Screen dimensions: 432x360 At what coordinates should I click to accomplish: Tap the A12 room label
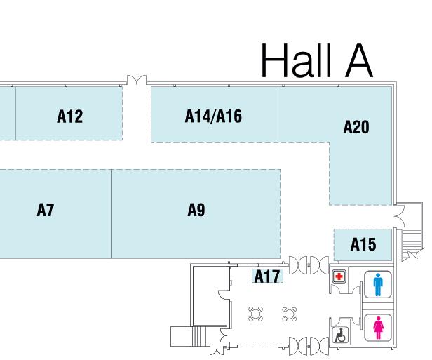(x=69, y=116)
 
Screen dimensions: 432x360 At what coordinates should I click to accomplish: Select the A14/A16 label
(x=213, y=116)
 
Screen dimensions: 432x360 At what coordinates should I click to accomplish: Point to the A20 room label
(x=356, y=127)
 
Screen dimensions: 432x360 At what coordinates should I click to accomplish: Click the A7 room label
(x=46, y=210)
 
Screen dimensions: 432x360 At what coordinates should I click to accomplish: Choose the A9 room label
(x=196, y=210)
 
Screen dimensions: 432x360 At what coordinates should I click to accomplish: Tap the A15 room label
(x=363, y=245)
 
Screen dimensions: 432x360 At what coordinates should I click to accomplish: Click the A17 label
(x=267, y=276)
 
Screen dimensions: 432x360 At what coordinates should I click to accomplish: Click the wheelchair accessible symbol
(x=340, y=335)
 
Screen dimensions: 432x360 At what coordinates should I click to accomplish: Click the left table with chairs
(x=255, y=314)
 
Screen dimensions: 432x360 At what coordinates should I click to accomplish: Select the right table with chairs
(x=288, y=314)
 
